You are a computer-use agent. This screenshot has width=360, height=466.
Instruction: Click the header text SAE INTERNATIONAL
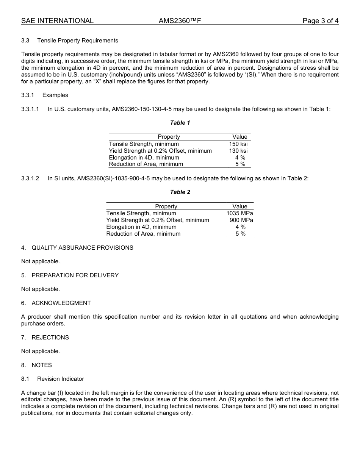57,21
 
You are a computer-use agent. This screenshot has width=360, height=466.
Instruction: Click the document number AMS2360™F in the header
180,21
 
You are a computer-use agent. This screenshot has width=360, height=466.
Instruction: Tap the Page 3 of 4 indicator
320,21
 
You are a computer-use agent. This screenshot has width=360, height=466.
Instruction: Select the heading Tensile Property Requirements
77,41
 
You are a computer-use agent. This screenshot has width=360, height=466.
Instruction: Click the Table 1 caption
180,123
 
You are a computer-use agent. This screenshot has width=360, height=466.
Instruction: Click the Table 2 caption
180,192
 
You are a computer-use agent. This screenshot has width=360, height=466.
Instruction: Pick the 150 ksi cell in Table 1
238,144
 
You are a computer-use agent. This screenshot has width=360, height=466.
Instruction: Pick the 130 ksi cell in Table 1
238,151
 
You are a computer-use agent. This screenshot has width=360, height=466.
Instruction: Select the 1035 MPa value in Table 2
239,213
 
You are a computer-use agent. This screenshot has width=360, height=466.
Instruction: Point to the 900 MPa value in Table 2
241,220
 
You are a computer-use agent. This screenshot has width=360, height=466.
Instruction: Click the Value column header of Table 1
239,137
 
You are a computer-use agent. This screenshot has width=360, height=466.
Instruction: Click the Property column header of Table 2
166,206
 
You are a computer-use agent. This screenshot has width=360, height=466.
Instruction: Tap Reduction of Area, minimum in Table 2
143,234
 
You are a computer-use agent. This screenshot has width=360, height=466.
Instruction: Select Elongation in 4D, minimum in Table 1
144,158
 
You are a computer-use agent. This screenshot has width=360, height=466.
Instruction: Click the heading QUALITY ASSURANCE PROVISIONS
82,248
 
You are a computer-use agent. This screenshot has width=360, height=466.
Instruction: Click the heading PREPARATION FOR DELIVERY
75,275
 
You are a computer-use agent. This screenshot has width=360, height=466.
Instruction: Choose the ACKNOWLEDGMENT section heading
61,303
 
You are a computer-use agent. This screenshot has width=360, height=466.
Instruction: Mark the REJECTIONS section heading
50,338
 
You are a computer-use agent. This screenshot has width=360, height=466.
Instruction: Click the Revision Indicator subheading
60,379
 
